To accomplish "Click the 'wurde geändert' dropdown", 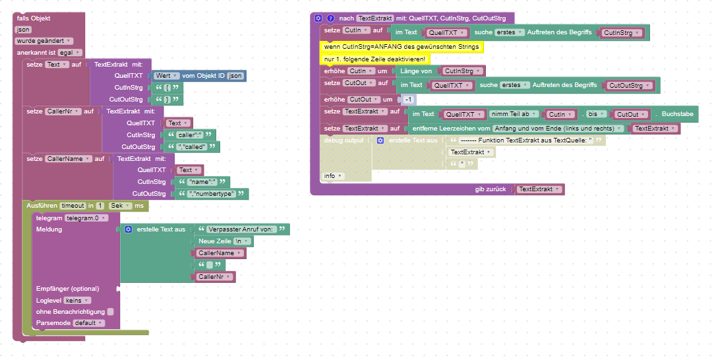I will (x=44, y=41).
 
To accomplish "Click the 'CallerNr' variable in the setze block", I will (x=63, y=111).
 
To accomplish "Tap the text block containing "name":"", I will (x=204, y=182).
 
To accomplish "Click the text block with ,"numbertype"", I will (x=214, y=194).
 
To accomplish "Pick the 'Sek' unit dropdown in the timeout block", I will (x=120, y=206).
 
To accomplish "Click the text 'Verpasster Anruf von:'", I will (x=241, y=229).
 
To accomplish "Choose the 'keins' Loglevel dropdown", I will (x=78, y=300).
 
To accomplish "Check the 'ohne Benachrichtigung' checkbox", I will (x=110, y=312).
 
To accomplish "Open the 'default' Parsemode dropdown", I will (x=88, y=323).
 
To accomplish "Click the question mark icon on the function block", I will (x=331, y=18).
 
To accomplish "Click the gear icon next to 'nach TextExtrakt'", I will (x=318, y=18).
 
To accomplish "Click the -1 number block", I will (x=409, y=100).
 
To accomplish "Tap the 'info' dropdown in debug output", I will (x=333, y=176).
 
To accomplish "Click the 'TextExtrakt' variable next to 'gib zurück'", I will (x=539, y=189).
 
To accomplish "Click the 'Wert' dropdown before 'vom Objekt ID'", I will (x=165, y=76).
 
